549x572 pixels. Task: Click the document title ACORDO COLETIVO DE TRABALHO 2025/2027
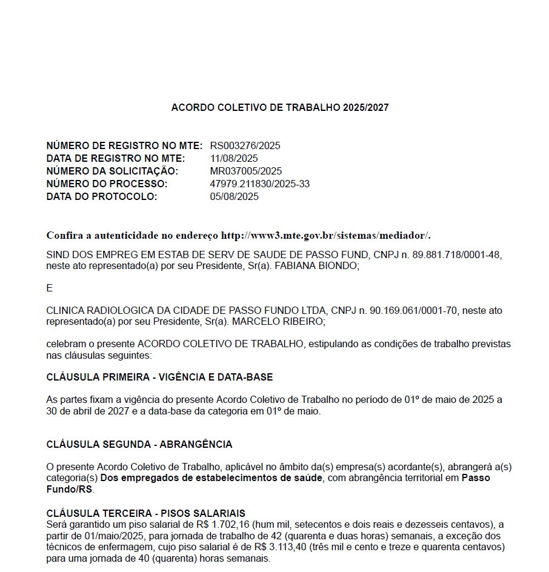click(280, 108)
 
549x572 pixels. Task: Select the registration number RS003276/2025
click(245, 145)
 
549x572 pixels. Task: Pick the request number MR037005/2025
click(245, 171)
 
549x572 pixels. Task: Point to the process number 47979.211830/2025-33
click(259, 184)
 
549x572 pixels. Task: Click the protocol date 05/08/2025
click(234, 196)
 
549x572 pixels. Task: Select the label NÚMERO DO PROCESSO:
click(107, 184)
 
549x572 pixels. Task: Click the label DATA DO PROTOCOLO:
click(101, 196)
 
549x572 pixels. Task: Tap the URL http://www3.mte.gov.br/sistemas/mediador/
click(325, 235)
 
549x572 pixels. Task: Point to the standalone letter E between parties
click(50, 288)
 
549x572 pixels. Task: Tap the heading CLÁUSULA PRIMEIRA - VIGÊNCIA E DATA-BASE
click(159, 377)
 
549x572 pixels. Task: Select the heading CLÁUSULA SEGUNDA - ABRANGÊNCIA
click(139, 444)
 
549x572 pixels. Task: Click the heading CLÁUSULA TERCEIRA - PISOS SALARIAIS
click(145, 513)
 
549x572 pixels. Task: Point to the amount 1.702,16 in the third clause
click(232, 524)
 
